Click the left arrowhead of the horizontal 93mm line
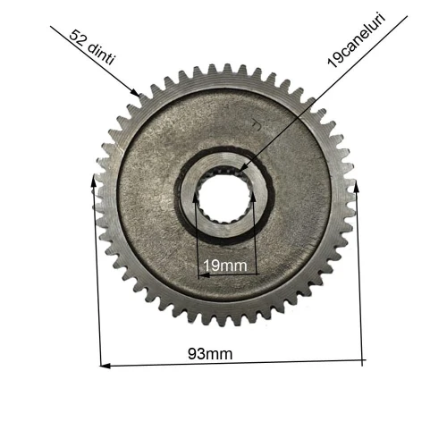[x=104, y=365]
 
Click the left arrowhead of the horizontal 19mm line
[x=201, y=274]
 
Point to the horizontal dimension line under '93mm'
[x=232, y=363]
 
